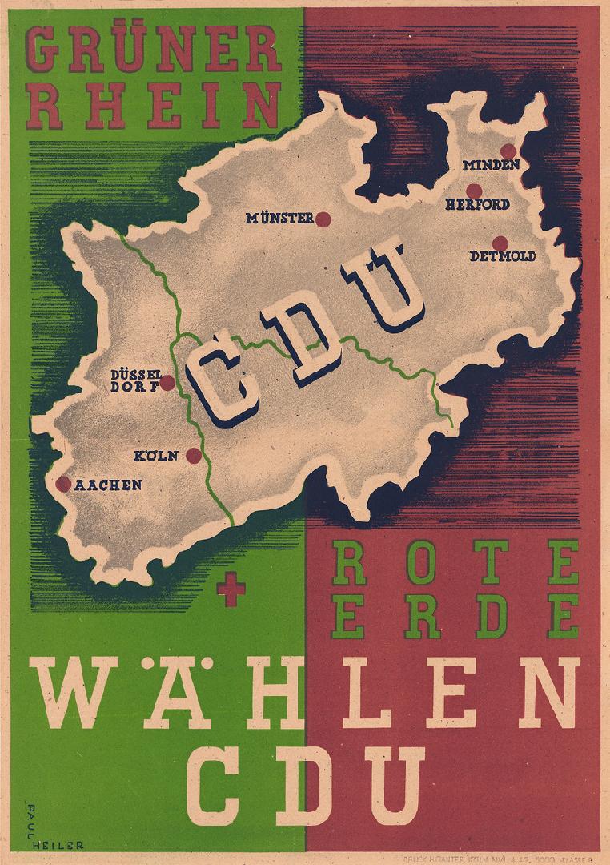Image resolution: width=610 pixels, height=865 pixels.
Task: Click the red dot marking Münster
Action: click(x=323, y=219)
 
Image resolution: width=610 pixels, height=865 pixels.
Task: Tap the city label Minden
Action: click(x=492, y=165)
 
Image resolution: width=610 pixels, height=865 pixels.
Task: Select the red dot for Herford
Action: click(x=474, y=191)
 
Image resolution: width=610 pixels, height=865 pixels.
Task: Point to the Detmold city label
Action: click(x=503, y=257)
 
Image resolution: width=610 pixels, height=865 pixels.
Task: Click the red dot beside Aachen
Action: click(x=63, y=484)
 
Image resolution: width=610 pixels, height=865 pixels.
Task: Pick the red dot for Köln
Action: click(x=193, y=456)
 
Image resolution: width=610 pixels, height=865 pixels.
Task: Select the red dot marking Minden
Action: click(x=508, y=151)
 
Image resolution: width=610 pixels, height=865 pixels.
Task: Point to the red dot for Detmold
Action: click(x=500, y=243)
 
